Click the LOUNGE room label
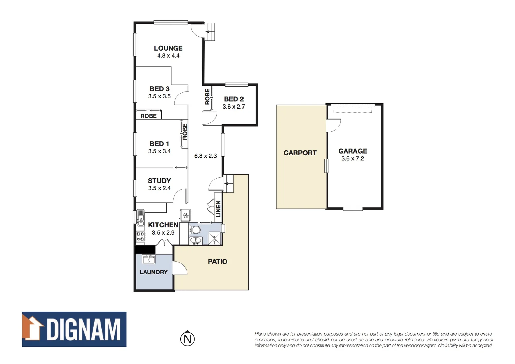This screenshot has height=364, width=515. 168,48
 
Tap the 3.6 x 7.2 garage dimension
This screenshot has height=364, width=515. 352,159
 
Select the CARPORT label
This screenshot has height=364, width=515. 300,153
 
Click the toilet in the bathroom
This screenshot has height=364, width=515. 195,230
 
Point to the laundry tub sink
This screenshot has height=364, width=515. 148,260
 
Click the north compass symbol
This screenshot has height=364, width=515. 188,339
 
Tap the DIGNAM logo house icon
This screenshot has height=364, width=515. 33,329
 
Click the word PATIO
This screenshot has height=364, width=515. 218,262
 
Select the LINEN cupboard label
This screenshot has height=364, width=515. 218,209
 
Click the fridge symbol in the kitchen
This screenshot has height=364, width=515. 185,215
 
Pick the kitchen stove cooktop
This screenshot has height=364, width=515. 140,236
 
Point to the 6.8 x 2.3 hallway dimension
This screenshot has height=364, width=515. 205,156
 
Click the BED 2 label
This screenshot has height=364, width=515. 234,99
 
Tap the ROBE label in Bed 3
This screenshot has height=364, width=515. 149,116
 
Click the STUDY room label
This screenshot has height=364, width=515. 159,181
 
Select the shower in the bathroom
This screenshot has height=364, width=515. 214,238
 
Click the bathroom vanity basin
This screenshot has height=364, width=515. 195,241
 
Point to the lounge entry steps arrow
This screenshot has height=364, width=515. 210,32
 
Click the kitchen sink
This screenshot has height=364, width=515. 140,218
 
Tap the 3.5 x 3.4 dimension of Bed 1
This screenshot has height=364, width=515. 159,151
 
